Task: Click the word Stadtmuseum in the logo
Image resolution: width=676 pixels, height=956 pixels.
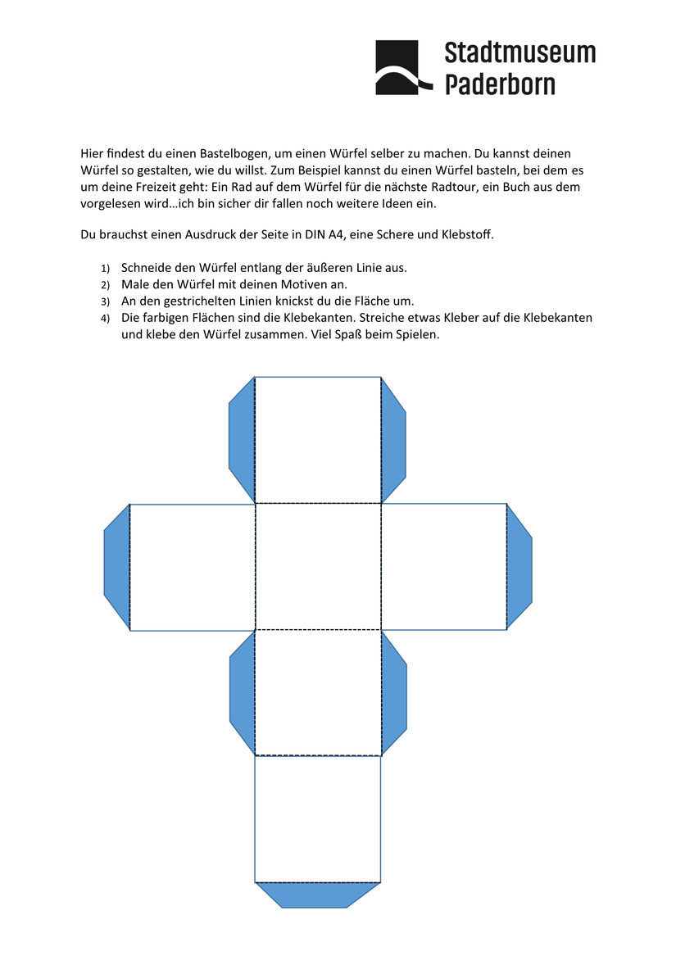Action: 519,53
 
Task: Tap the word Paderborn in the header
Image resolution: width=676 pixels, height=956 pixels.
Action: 500,84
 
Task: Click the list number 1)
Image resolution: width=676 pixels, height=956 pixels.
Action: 105,269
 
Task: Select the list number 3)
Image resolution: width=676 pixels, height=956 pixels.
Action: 105,301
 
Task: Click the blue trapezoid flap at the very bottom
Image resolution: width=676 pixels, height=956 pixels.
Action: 317,895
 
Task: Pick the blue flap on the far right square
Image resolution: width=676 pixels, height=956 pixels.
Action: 519,567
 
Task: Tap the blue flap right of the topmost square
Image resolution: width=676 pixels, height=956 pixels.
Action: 393,440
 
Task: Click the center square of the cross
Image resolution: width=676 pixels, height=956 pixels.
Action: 318,567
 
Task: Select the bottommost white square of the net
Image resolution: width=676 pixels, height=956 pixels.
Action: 318,818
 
